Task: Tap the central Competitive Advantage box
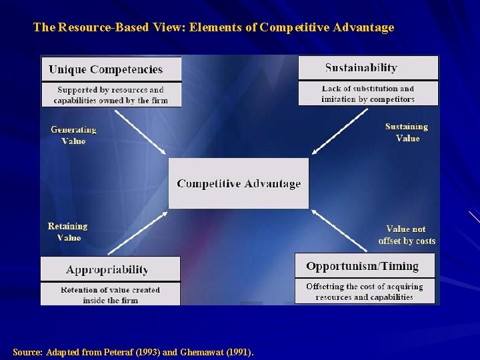pyautogui.click(x=239, y=183)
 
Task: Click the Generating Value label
pyautogui.click(x=73, y=135)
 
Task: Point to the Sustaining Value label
pyautogui.click(x=407, y=132)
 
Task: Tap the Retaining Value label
pyautogui.click(x=68, y=232)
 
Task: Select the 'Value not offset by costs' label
pyautogui.click(x=407, y=235)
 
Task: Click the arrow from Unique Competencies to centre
pyautogui.click(x=140, y=133)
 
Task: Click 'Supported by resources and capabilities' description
pyautogui.click(x=111, y=95)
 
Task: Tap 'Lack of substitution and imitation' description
pyautogui.click(x=368, y=93)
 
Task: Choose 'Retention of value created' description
pyautogui.click(x=110, y=295)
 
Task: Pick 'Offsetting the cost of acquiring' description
pyautogui.click(x=364, y=291)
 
